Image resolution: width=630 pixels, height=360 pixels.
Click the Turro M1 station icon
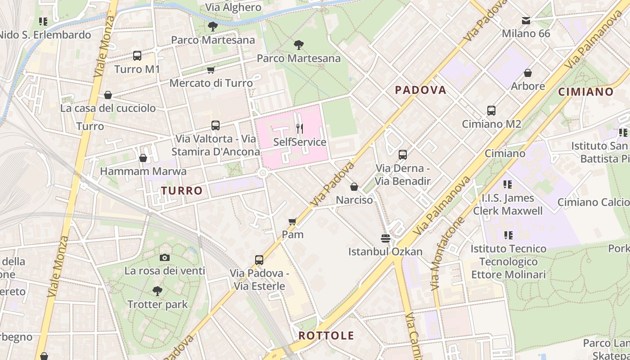point(137,56)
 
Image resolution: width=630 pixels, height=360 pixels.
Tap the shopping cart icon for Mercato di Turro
point(211,70)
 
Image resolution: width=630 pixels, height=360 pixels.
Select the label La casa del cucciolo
point(108,108)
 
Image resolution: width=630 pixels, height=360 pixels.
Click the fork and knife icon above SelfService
point(300,129)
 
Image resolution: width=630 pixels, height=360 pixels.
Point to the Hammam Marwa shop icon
point(143,158)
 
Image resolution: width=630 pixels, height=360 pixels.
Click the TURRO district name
point(182,191)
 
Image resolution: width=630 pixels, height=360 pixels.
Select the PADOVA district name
point(420,90)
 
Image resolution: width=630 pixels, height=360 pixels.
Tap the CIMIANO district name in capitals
point(586,92)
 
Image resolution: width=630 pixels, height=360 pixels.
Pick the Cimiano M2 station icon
point(491,111)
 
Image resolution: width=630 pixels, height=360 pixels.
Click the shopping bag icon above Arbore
point(528,73)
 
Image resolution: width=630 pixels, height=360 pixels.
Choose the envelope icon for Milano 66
point(526,21)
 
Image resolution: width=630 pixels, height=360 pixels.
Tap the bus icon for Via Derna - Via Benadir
point(403,155)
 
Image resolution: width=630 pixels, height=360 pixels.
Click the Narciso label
point(355,200)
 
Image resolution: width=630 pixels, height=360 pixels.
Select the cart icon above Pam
point(292,221)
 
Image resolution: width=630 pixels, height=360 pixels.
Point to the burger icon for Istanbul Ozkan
point(385,238)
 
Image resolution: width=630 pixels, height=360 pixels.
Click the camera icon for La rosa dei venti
point(165,257)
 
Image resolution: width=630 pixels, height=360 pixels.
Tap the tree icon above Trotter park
point(157,291)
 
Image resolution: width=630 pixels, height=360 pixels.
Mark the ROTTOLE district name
point(326,336)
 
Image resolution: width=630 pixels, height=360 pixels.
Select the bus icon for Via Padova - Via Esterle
point(259,260)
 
